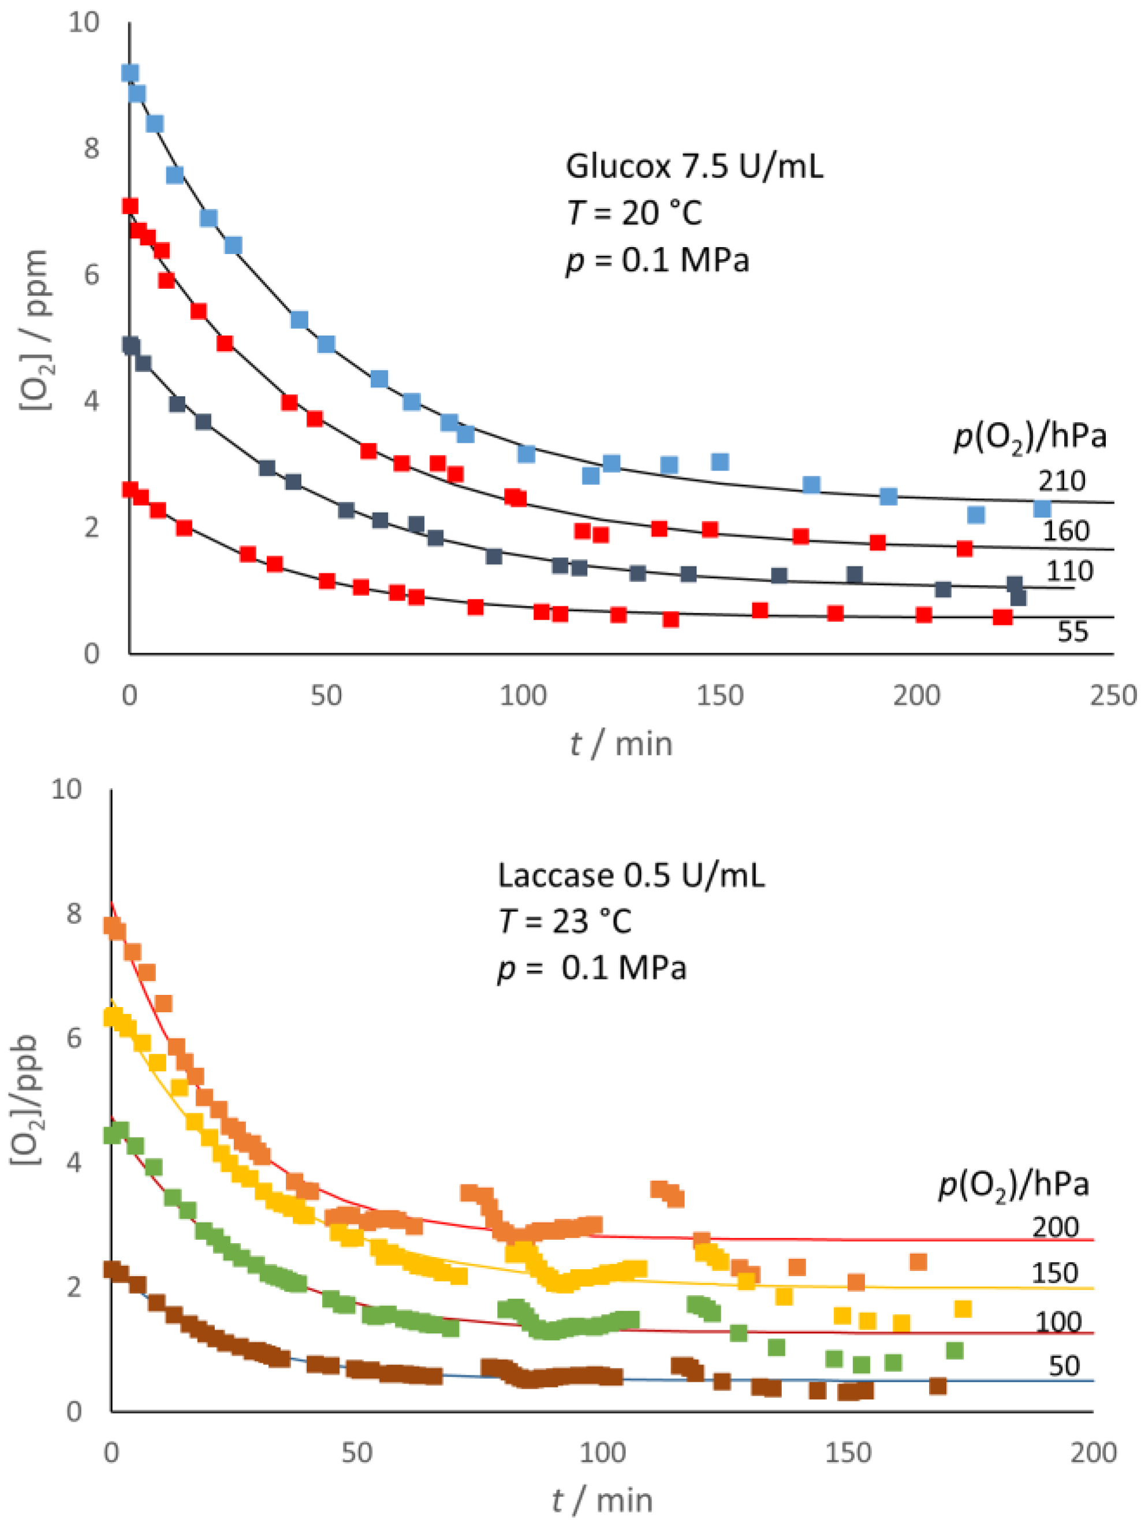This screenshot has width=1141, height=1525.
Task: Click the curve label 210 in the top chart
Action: click(x=1061, y=480)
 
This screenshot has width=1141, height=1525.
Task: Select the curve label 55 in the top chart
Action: click(x=1072, y=632)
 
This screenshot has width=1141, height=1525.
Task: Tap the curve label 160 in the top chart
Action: click(x=1065, y=531)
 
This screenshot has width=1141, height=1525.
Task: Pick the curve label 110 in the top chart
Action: click(x=1069, y=571)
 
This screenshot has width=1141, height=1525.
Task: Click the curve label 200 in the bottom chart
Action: click(x=1054, y=1227)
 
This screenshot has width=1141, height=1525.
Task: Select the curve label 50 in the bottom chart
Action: click(x=1063, y=1366)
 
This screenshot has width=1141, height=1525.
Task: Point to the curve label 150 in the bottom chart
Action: click(x=1054, y=1273)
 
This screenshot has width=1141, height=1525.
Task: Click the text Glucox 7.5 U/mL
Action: click(x=693, y=167)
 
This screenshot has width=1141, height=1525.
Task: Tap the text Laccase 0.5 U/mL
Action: click(x=631, y=875)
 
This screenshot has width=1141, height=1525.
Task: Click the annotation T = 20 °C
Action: click(x=634, y=212)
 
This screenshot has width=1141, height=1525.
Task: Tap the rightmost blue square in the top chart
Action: click(x=1041, y=509)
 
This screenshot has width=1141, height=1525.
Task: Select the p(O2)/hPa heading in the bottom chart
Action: click(x=1013, y=1184)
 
